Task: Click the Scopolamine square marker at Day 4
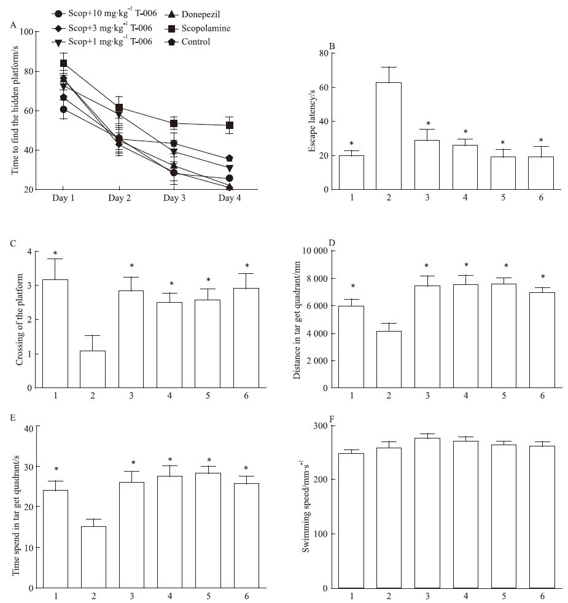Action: pos(230,125)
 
